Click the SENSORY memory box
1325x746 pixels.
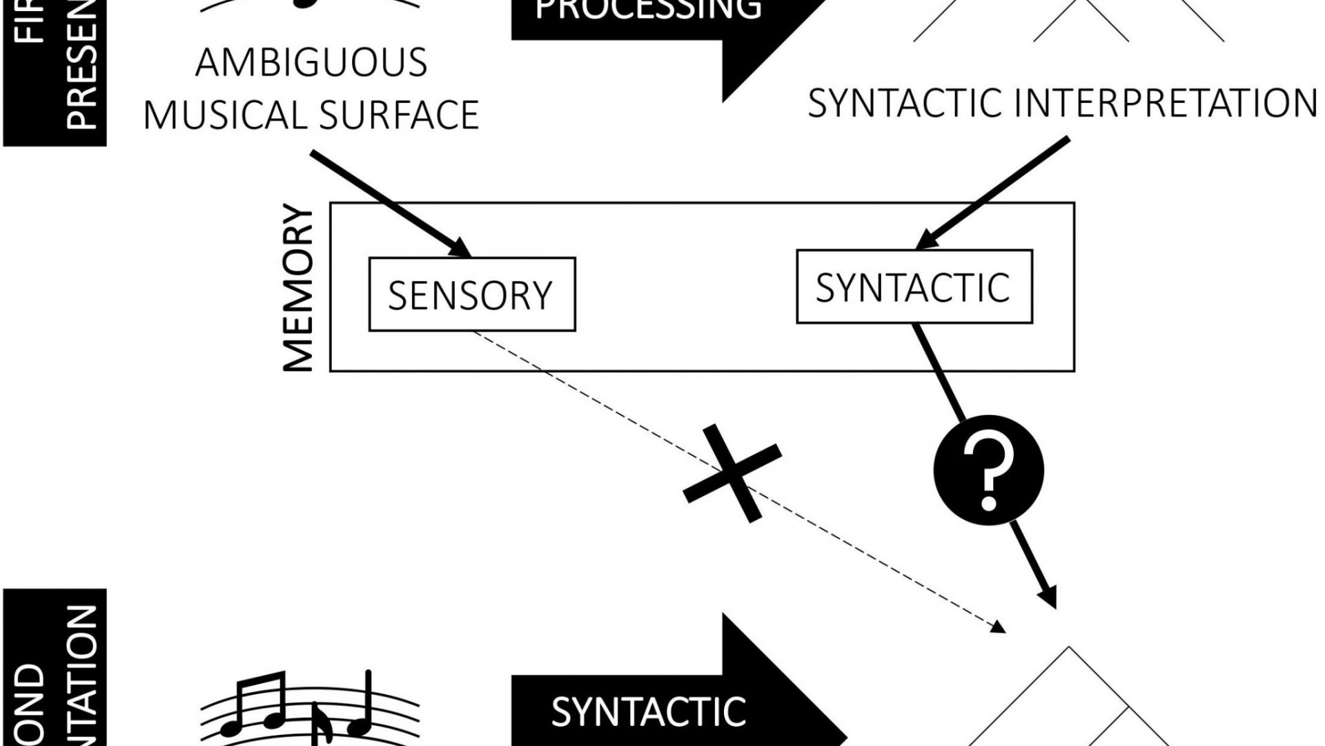pyautogui.click(x=472, y=294)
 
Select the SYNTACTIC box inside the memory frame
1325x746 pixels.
pyautogui.click(x=914, y=287)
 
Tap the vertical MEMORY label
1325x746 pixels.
pyautogui.click(x=300, y=288)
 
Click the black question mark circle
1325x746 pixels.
pyautogui.click(x=988, y=470)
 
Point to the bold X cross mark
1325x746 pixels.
pyautogui.click(x=732, y=473)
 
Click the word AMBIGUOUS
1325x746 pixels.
pyautogui.click(x=311, y=63)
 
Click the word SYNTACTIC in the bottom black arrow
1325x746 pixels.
pyautogui.click(x=648, y=712)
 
